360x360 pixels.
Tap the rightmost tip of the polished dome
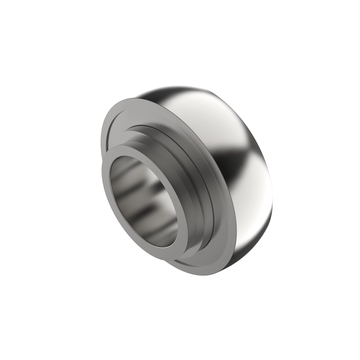tap(274, 207)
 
